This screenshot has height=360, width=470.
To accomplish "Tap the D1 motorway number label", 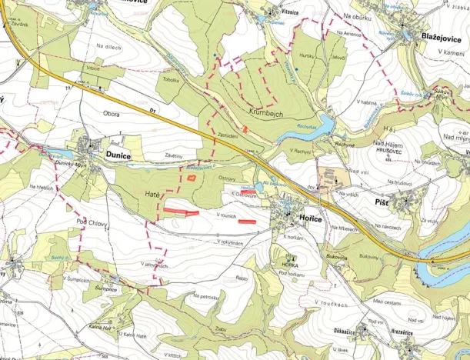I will pyautogui.click(x=154, y=112).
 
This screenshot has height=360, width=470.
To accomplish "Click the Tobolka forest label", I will pyautogui.click(x=171, y=79).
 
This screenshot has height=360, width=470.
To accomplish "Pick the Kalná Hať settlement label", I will pyautogui.click(x=100, y=327).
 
